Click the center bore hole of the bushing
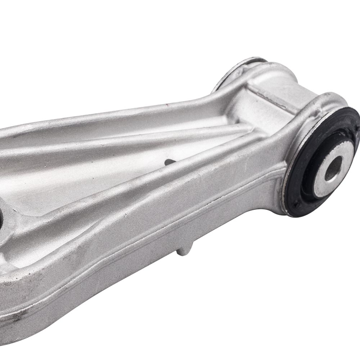pos(333,168)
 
